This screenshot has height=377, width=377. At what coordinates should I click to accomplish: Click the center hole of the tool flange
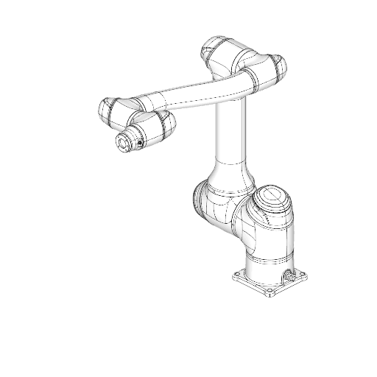tap(119, 143)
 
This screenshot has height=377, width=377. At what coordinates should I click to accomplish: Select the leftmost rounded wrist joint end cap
tap(106, 110)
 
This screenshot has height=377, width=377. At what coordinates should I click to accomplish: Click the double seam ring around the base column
tap(267, 261)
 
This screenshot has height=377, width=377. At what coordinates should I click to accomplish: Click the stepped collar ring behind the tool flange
tap(133, 137)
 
